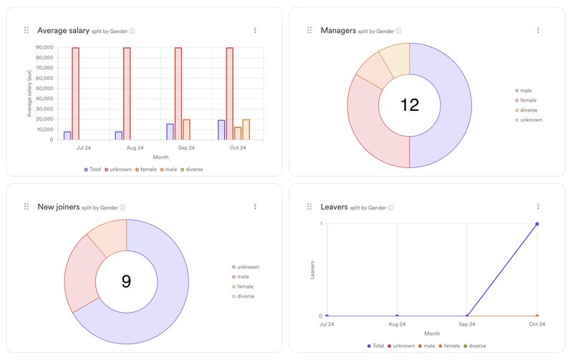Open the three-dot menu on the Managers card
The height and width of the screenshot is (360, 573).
538,30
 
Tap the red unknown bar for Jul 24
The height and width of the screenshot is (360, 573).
76,93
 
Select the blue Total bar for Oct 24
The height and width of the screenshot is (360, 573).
221,130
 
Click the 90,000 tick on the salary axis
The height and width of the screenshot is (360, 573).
44,48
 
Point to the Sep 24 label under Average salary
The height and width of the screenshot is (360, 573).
186,148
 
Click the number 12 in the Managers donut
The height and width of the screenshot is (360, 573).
409,105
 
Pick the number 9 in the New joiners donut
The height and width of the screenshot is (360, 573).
126,281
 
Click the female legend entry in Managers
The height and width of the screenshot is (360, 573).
527,100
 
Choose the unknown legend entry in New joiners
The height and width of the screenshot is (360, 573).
247,267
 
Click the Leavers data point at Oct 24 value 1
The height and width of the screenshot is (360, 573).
536,224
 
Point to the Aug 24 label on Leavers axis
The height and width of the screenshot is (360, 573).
397,324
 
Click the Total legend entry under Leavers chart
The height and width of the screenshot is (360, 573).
376,346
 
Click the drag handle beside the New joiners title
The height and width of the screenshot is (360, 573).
27,207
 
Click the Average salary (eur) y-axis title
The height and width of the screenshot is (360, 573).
29,94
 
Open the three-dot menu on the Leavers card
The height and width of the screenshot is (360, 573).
538,207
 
